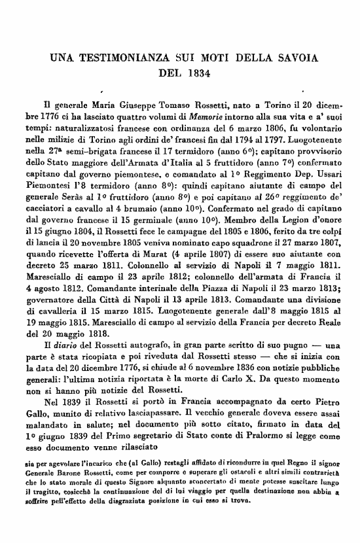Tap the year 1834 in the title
(196, 72)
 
